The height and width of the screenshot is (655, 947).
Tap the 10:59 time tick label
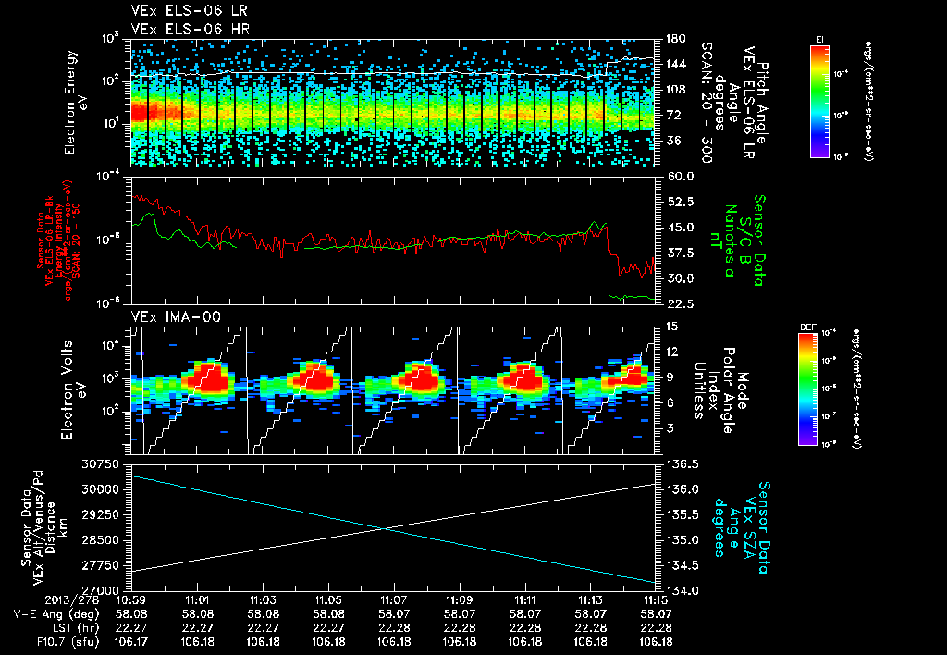(132, 600)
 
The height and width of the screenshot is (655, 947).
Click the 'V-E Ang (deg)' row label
(52, 613)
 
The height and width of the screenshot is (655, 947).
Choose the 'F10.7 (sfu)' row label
(61, 639)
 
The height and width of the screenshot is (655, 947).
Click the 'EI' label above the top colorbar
(819, 38)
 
